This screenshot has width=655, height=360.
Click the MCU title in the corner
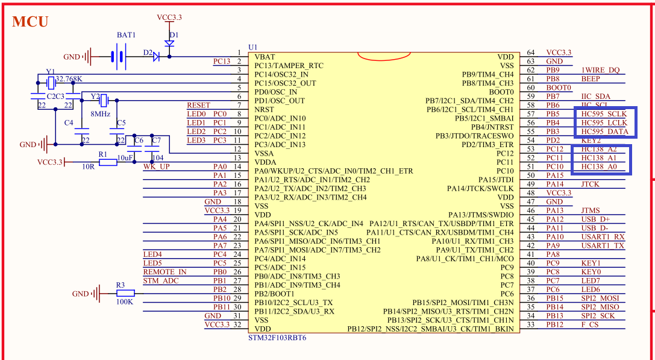[x=30, y=22]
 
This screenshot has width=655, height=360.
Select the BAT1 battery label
[x=126, y=36]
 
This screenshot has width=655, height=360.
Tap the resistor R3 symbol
[x=125, y=294]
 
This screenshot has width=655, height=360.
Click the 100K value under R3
[x=124, y=302]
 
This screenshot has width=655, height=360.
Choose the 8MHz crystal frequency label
[x=100, y=113]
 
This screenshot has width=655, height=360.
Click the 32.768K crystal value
[x=69, y=79]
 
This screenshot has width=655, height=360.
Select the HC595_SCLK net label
[x=604, y=114]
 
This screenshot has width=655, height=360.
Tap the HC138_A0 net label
[x=599, y=166]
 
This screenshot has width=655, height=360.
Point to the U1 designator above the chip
[x=253, y=47]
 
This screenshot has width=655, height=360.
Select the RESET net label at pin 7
[x=198, y=105]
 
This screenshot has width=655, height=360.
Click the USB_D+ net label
[x=595, y=219]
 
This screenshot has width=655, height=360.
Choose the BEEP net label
[x=591, y=79]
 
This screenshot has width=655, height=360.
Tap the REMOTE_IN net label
[x=165, y=271]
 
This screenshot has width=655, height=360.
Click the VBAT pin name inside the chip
[x=265, y=57]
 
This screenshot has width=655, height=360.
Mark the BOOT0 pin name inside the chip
[x=501, y=92]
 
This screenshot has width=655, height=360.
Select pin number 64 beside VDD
[x=531, y=53]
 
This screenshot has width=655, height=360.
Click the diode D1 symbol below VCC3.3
[x=169, y=44]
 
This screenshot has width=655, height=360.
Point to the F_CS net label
[x=590, y=324]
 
